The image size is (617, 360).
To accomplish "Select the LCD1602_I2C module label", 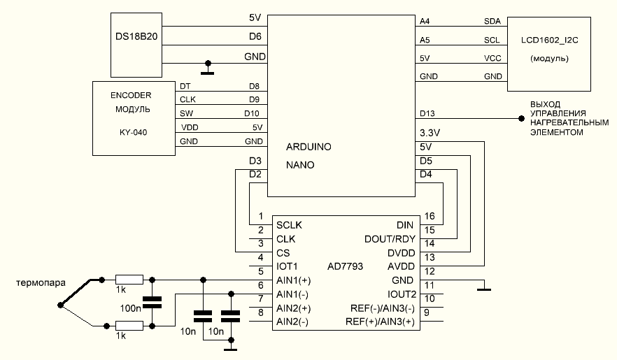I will (x=549, y=43).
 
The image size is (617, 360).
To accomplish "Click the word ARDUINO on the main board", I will (x=309, y=147).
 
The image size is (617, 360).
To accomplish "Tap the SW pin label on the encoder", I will (x=186, y=113).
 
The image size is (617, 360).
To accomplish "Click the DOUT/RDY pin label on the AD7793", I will (x=385, y=238).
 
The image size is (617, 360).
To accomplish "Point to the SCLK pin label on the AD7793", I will (x=290, y=225).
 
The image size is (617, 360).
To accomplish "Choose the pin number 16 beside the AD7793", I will (x=430, y=216).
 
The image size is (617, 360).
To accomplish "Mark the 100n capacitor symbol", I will (x=152, y=302).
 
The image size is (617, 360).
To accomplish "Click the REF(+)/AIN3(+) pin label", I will (x=380, y=322).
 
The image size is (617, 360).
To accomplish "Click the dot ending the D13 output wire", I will (x=520, y=119).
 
